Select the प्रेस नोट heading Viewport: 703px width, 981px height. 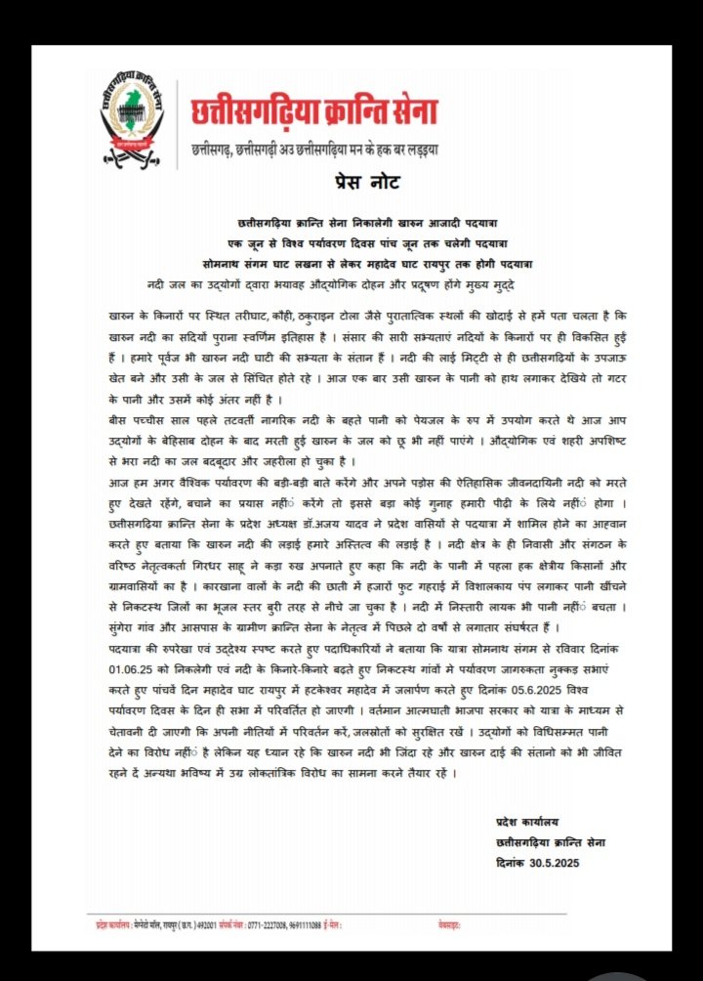pyautogui.click(x=351, y=183)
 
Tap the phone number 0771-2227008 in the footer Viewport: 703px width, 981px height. pyautogui.click(x=272, y=921)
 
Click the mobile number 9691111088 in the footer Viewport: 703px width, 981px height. pyautogui.click(x=314, y=921)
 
